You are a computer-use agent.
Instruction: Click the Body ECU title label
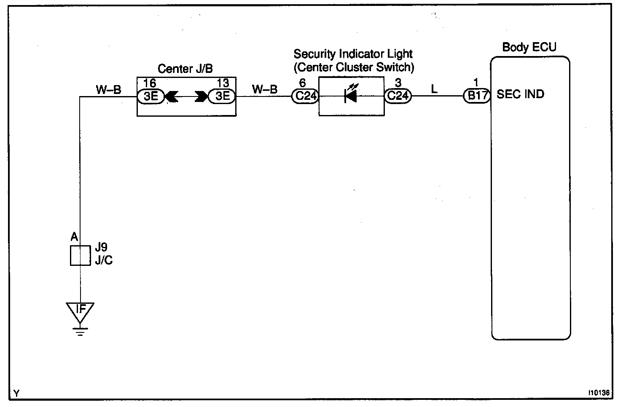pyautogui.click(x=529, y=47)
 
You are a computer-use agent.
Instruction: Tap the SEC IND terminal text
pyautogui.click(x=520, y=94)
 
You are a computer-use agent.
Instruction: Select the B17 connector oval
pyautogui.click(x=477, y=96)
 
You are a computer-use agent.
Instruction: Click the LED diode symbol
pyautogui.click(x=350, y=96)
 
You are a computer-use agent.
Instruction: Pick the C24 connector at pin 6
pyautogui.click(x=306, y=96)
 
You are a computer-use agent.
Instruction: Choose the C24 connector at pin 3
pyautogui.click(x=398, y=96)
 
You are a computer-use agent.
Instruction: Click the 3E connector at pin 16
pyautogui.click(x=150, y=96)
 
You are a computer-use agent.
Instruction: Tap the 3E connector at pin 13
pyautogui.click(x=222, y=96)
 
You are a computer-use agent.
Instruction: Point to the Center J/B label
pyautogui.click(x=185, y=69)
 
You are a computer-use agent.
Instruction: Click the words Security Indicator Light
pyautogui.click(x=353, y=54)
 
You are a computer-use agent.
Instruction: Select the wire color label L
pyautogui.click(x=435, y=89)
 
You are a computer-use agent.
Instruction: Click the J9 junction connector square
pyautogui.click(x=80, y=255)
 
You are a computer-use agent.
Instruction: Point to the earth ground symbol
pyautogui.click(x=80, y=331)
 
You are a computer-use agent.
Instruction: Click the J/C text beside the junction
pyautogui.click(x=104, y=260)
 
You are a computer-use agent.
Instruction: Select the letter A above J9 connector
pyautogui.click(x=74, y=237)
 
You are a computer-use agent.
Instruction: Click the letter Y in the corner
pyautogui.click(x=16, y=394)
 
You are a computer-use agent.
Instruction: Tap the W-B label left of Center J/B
pyautogui.click(x=108, y=89)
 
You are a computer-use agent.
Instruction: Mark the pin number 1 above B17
pyautogui.click(x=476, y=83)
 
